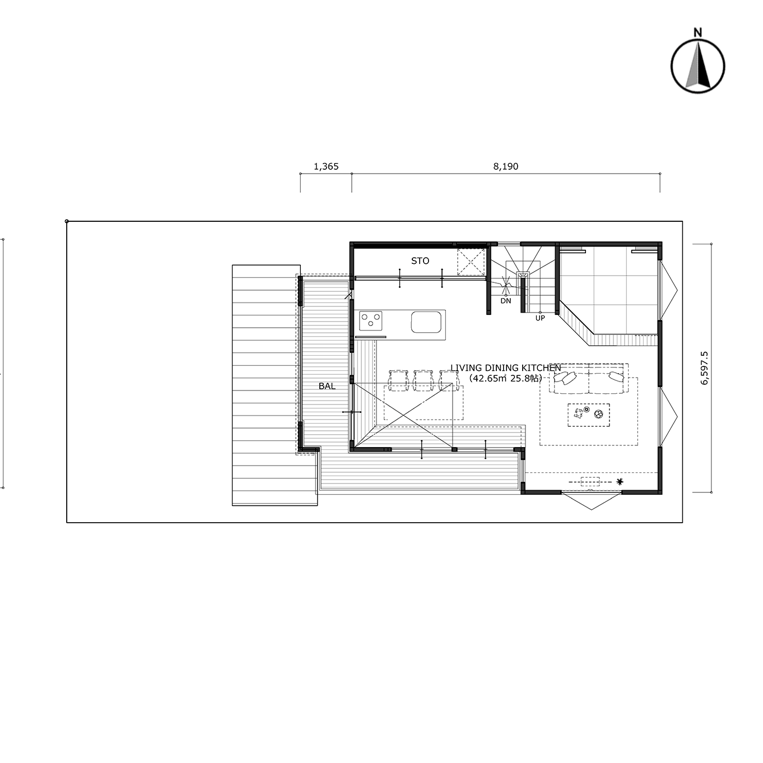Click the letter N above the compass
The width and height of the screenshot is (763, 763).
click(x=697, y=32)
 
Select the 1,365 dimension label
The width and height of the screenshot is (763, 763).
click(x=326, y=167)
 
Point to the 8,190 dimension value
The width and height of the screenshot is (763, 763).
click(x=506, y=167)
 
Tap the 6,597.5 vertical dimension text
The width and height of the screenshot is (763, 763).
click(x=704, y=368)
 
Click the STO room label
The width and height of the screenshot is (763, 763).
click(x=420, y=261)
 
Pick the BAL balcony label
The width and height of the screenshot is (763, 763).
click(x=327, y=386)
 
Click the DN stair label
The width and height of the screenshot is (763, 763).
click(x=506, y=301)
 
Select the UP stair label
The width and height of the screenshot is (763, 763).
click(x=540, y=318)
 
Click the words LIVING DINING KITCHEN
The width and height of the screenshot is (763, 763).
click(x=506, y=368)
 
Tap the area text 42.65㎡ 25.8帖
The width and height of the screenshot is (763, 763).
click(x=506, y=379)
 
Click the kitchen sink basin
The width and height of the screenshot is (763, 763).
click(x=426, y=322)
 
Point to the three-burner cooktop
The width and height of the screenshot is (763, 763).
click(x=371, y=321)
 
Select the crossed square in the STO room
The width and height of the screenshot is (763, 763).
click(x=471, y=262)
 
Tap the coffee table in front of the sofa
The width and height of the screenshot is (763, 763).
click(x=588, y=415)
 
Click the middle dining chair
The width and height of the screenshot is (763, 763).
click(x=422, y=380)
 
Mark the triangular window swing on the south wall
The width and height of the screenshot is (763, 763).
click(x=591, y=500)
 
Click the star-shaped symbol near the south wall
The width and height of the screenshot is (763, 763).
click(x=620, y=482)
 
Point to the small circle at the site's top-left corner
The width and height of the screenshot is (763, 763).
click(x=67, y=221)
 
